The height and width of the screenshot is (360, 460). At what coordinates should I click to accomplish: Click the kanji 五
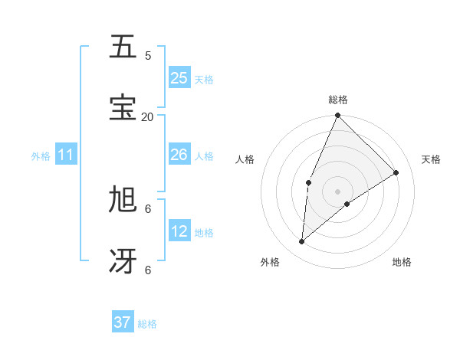tap(123, 47)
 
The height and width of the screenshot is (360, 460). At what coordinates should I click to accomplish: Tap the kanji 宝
tap(123, 108)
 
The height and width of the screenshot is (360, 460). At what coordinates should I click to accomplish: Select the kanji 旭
tap(123, 200)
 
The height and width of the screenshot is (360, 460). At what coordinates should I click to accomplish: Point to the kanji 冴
tap(123, 261)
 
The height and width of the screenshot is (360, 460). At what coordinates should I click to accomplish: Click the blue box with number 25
tap(179, 77)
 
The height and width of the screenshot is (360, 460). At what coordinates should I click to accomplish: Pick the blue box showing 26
tap(179, 155)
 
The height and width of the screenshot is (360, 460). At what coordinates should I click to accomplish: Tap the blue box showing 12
tap(179, 231)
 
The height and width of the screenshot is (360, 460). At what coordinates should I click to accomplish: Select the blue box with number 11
tap(66, 155)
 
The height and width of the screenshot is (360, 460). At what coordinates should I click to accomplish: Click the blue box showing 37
tap(123, 322)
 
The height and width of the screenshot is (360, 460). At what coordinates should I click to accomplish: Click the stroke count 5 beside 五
tap(148, 55)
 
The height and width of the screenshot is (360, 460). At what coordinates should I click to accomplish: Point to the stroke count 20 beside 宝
tap(147, 116)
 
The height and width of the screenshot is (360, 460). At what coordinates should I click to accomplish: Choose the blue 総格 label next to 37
tap(147, 324)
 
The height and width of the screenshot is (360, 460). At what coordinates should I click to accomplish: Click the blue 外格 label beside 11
tap(41, 156)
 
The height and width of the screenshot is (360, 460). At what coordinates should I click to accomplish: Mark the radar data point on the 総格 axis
tap(337, 116)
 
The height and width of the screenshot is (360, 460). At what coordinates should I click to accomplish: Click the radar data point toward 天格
tap(396, 172)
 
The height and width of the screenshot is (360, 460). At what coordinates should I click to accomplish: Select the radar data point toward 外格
tap(302, 242)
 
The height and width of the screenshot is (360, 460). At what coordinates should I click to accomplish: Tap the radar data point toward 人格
tap(308, 182)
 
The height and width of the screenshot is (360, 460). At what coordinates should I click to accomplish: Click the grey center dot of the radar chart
tap(337, 191)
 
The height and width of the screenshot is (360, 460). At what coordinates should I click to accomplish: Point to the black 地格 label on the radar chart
tap(402, 262)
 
